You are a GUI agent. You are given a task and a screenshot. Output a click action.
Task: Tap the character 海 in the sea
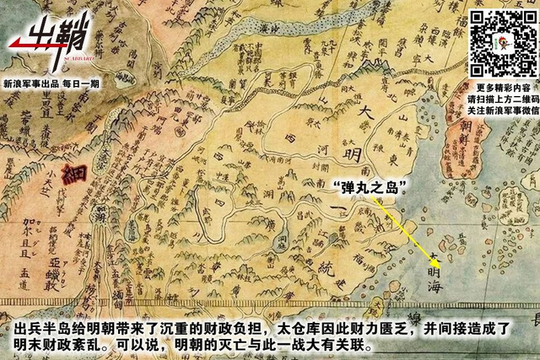tap(433, 290)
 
